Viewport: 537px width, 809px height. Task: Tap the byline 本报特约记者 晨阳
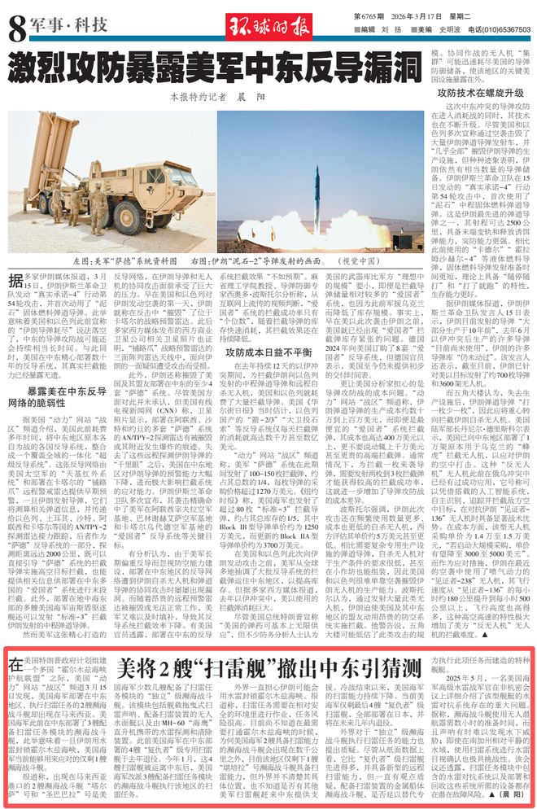pyautogui.click(x=206, y=96)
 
